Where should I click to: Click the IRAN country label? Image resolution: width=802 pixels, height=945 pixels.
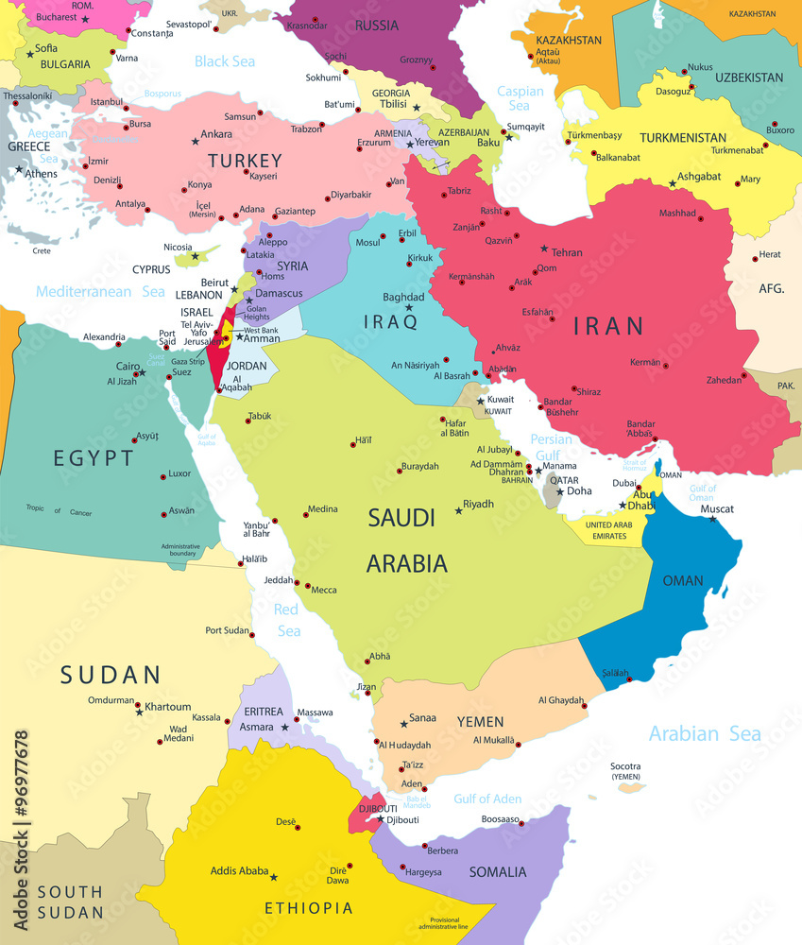pos(609,326)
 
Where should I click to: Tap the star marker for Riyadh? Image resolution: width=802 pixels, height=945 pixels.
pos(459,510)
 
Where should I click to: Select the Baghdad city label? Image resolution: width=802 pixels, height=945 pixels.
pos(403,298)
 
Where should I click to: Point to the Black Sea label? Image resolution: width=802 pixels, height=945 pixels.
pos(225,61)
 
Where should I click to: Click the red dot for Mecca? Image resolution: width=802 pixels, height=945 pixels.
pos(307,585)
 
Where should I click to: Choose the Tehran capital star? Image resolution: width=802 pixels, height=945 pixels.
pos(544,249)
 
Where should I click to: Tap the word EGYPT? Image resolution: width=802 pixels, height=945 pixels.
pos(94,458)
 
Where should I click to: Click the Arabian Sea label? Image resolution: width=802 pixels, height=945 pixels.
pos(704,733)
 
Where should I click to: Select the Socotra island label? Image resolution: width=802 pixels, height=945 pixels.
pos(625,766)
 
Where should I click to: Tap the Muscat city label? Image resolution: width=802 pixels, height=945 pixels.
pos(716,509)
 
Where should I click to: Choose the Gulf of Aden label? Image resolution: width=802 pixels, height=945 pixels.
pos(486,799)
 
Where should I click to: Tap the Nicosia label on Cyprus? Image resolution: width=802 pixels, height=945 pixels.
pos(178,248)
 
